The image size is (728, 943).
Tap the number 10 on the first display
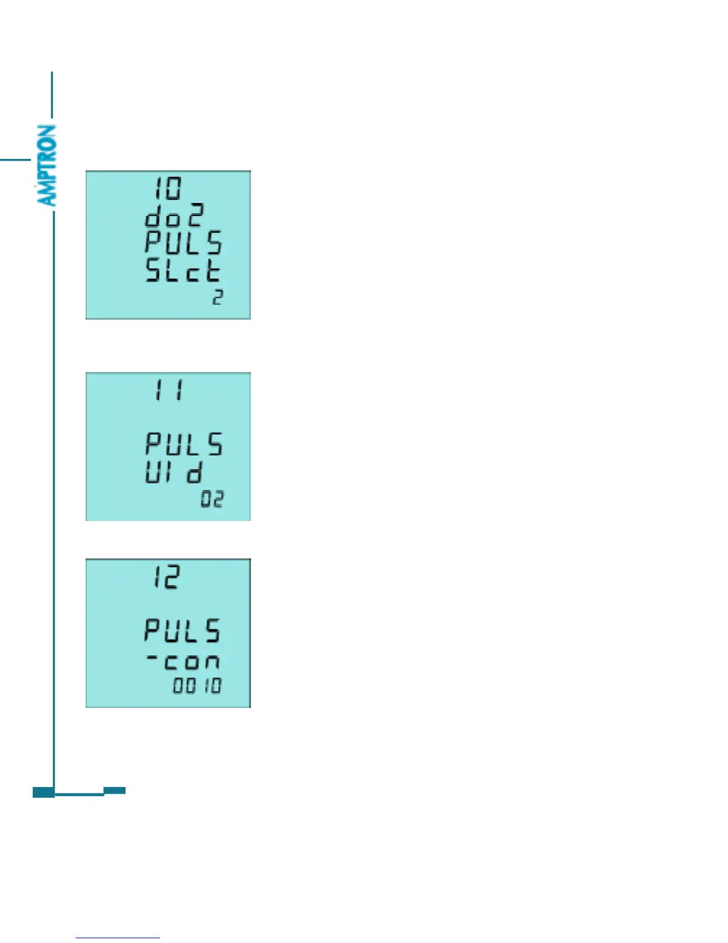pyautogui.click(x=168, y=189)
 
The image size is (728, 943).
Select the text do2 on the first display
pyautogui.click(x=174, y=216)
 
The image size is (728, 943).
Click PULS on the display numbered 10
pyautogui.click(x=183, y=243)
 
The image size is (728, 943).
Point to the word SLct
pyautogui.click(x=183, y=271)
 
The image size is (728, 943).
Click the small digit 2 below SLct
pyautogui.click(x=218, y=297)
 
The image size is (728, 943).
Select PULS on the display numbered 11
pyautogui.click(x=184, y=444)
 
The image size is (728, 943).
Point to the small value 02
pyautogui.click(x=212, y=499)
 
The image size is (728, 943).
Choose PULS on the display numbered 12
pyautogui.click(x=182, y=630)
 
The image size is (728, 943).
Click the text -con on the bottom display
pyautogui.click(x=183, y=660)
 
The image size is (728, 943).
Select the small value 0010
pyautogui.click(x=197, y=685)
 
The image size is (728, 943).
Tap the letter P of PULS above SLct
pyautogui.click(x=153, y=243)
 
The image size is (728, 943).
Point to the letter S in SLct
pyautogui.click(x=153, y=271)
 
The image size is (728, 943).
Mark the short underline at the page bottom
pyautogui.click(x=117, y=938)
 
